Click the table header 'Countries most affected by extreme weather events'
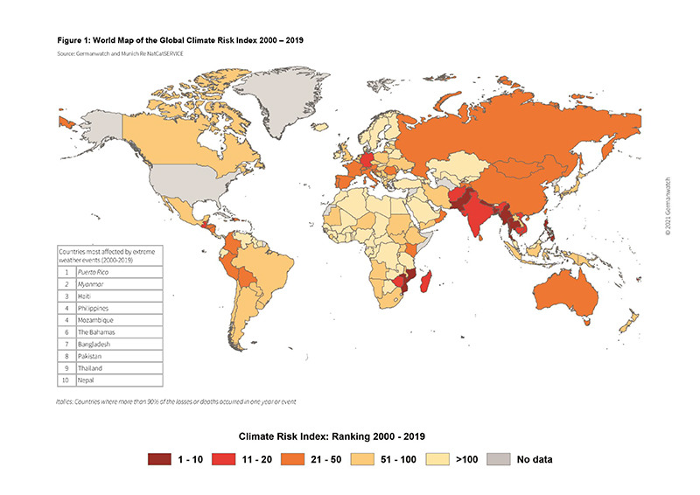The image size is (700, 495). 109,256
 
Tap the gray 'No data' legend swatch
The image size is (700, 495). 499,459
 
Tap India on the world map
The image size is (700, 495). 477,220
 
